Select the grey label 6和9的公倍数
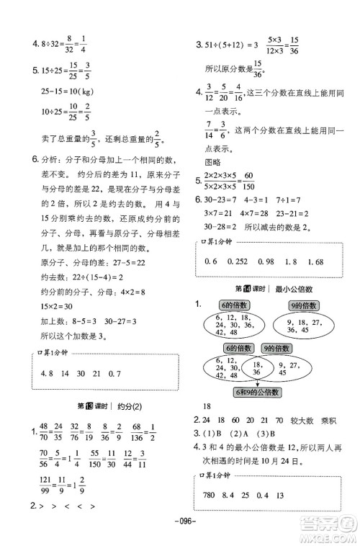[x=252, y=392]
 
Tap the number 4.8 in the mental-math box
[x=49, y=373]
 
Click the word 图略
[x=213, y=162]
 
